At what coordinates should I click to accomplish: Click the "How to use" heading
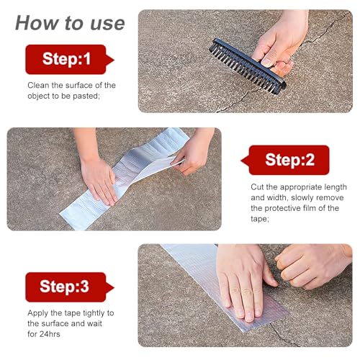[x=70, y=23]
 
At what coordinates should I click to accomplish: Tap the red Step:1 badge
[x=69, y=59]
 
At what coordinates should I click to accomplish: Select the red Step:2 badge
[x=285, y=160]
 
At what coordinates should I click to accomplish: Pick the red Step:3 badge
[x=69, y=287]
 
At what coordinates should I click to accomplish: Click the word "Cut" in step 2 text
[x=257, y=187]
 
